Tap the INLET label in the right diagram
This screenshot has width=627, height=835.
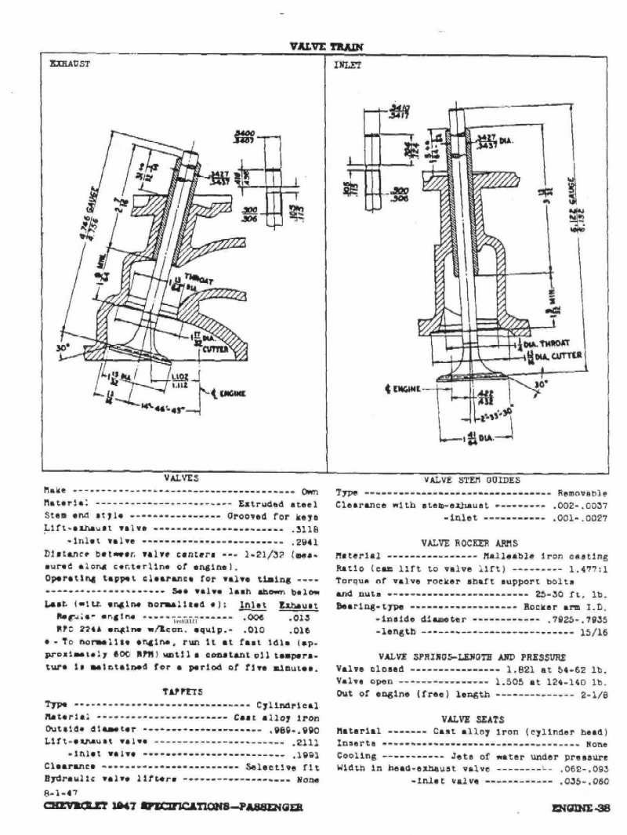point(348,66)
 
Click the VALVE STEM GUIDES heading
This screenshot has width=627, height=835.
point(471,481)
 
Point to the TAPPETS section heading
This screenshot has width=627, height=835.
point(182,692)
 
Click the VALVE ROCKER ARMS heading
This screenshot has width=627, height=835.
point(470,542)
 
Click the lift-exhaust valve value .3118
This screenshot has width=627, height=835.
point(304,531)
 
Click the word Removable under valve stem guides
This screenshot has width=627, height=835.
point(582,493)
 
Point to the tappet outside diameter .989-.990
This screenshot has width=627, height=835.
point(291,730)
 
